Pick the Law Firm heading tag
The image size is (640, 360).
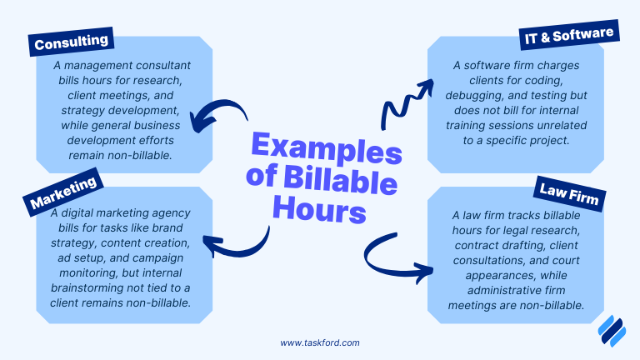click(570, 195)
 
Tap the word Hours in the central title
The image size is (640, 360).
click(321, 210)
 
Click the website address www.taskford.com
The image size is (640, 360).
click(320, 342)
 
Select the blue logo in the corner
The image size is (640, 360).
click(612, 331)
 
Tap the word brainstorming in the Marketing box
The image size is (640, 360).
click(92, 287)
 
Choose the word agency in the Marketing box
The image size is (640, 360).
click(172, 212)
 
